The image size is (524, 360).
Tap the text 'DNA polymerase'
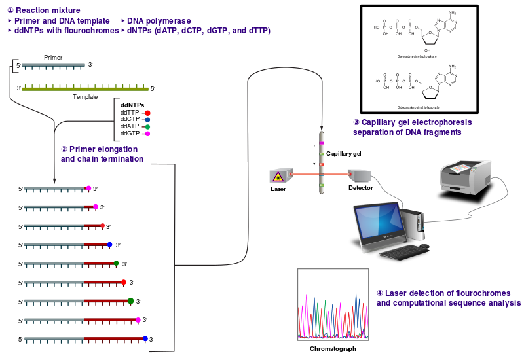pos(159,21)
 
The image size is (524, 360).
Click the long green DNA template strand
pos(85,88)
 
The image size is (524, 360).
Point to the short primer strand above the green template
pos(53,65)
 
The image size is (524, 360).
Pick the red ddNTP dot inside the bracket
pos(147,113)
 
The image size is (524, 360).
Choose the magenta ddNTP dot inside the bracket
pos(147,134)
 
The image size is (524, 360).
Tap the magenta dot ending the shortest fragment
pos(88,188)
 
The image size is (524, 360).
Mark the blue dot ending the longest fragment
pos(145,338)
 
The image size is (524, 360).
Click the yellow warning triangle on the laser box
pos(278,176)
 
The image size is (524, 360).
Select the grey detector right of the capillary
pos(360,175)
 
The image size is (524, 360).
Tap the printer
pos(465,177)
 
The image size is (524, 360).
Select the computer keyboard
pos(402,253)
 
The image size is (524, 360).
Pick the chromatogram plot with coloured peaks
pos(333,304)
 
